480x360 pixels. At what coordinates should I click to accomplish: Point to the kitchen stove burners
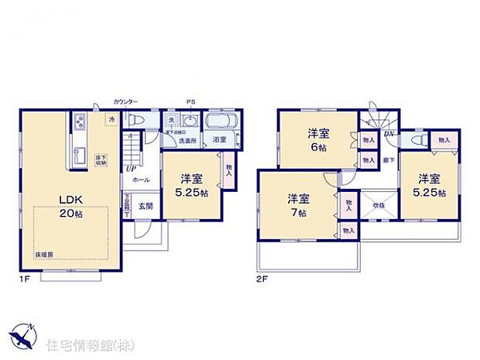point(80,122)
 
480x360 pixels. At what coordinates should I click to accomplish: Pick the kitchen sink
point(80,154)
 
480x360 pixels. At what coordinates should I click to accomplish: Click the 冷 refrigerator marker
point(111,119)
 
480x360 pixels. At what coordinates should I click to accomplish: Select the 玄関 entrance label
point(145,205)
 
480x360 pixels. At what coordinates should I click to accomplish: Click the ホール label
point(141,180)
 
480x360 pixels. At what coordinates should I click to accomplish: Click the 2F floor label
point(262,276)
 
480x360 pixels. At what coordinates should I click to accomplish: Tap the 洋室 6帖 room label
point(315,139)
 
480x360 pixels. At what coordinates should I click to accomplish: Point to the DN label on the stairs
point(389,132)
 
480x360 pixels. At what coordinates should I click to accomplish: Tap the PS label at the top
point(190,101)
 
